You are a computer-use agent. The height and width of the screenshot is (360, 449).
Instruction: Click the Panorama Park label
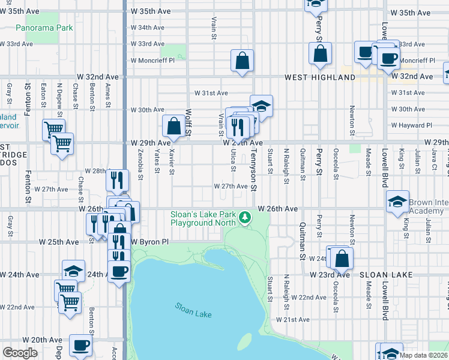click(x=44, y=28)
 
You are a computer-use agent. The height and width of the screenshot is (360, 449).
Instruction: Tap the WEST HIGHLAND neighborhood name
click(x=311, y=77)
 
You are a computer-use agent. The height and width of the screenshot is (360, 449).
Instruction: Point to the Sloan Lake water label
click(x=193, y=310)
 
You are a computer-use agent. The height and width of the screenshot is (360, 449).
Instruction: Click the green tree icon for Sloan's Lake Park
click(x=244, y=217)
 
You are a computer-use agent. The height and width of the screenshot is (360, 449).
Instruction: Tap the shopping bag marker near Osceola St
click(x=342, y=259)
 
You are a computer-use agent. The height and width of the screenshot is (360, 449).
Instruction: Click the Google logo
click(x=20, y=353)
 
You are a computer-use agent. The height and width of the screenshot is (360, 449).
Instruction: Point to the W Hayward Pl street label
click(x=411, y=125)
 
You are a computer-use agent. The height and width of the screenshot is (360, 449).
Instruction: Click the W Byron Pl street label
click(x=151, y=242)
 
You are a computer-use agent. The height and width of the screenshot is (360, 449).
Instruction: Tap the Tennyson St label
click(x=254, y=171)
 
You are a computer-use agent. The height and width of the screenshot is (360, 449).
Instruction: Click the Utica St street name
click(x=232, y=161)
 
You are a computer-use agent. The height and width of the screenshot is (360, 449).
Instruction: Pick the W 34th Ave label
click(x=147, y=28)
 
